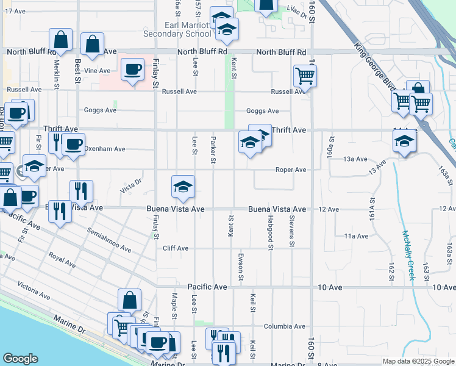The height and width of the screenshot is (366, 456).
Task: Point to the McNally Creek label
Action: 407,254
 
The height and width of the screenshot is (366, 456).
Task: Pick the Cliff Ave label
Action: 175,248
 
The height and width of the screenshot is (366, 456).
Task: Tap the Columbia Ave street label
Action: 284,326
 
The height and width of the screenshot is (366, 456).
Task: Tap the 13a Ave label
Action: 355,159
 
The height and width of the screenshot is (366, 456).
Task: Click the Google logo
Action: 20,358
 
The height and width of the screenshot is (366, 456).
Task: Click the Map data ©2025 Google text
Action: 418,361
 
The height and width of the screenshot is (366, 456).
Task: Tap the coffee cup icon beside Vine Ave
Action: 133,69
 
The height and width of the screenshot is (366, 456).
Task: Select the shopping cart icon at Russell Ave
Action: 305,76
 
